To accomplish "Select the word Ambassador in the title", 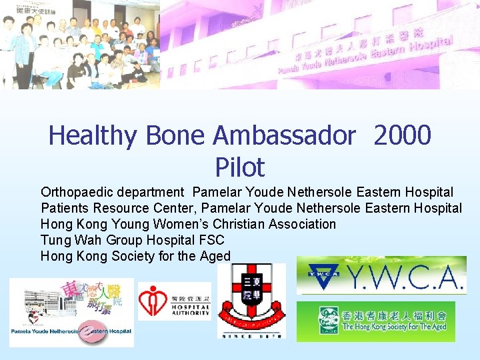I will point(285,137).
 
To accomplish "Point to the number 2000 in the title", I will point(403,137).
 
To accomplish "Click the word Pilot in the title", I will point(240,167).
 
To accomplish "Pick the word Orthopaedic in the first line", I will point(77,193).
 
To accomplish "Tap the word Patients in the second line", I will point(63,209).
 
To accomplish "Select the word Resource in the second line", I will point(120,209).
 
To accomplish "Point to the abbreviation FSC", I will point(211,240).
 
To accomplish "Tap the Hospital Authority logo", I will point(174,302).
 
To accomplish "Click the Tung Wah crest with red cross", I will point(251,300).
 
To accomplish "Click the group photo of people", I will point(80,44).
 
